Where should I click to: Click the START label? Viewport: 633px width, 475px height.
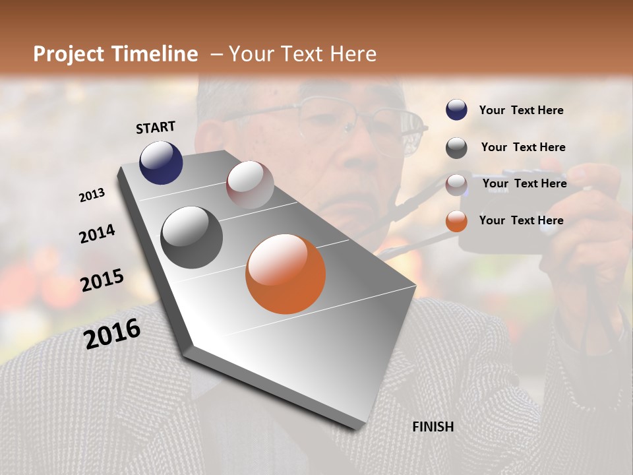coord(156,127)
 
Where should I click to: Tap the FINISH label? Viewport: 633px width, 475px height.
coord(433,427)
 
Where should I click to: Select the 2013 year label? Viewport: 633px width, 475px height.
coord(92,195)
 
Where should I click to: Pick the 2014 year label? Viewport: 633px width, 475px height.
coord(97,234)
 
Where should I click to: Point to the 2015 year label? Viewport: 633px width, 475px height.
coord(102,280)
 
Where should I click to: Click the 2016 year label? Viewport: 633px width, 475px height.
coord(112,334)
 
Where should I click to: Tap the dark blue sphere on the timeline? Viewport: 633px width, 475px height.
coord(161,163)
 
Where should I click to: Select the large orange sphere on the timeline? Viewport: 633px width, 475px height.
coord(286,274)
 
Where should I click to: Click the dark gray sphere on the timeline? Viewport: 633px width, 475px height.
coord(191,237)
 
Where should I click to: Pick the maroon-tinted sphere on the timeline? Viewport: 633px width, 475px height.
coord(250,185)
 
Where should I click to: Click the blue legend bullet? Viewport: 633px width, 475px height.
coord(456,110)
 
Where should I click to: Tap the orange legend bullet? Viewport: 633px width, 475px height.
coord(456,221)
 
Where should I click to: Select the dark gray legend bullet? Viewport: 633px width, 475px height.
coord(456,148)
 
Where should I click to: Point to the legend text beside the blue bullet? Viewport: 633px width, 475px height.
coord(521,111)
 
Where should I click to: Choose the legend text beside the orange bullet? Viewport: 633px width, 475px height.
coord(521,220)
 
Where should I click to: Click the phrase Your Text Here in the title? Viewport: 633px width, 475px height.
coord(302,55)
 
